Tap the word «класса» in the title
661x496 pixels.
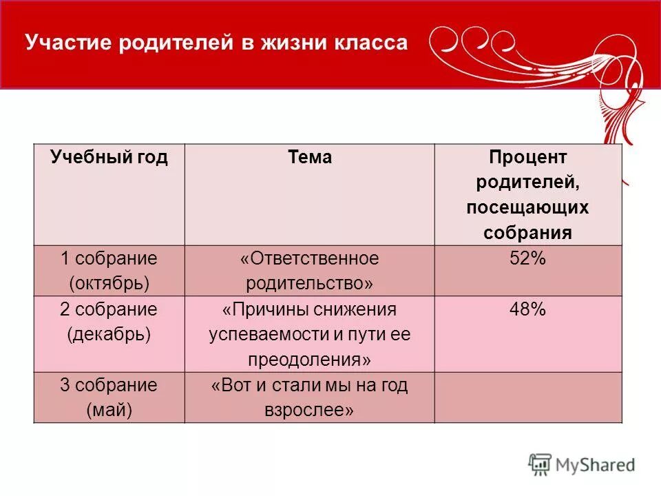370,43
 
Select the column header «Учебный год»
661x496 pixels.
109,158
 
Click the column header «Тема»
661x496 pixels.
309,158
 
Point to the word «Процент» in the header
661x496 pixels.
527,158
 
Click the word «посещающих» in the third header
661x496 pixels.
527,207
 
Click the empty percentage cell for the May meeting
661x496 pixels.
527,397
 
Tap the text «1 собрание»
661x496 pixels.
109,259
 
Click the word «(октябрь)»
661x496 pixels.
109,283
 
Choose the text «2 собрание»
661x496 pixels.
109,310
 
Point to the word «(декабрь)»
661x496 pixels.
109,335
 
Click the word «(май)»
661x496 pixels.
109,411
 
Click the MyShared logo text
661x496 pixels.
595,465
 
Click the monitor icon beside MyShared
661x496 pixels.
541,464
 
